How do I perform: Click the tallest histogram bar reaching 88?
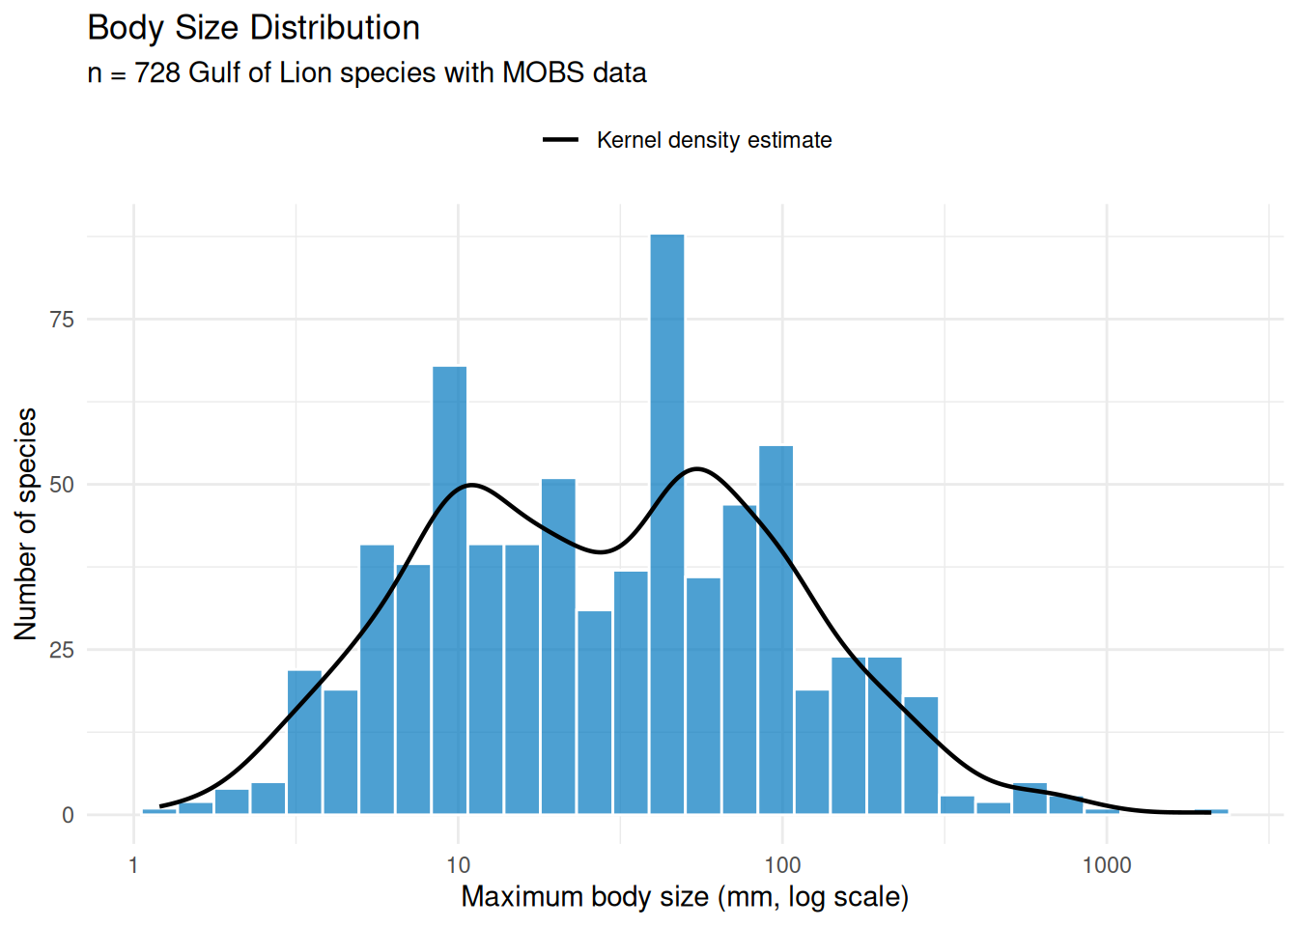click(x=666, y=521)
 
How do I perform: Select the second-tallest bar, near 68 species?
click(x=449, y=589)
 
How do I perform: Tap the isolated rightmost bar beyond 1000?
click(x=1211, y=811)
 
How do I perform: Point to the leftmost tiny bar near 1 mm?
click(x=159, y=811)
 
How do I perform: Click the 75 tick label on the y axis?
click(x=62, y=320)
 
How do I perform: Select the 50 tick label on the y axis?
click(x=62, y=485)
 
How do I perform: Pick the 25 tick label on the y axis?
click(x=62, y=650)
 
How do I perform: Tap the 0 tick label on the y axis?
click(x=68, y=816)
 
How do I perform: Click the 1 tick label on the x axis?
click(x=133, y=865)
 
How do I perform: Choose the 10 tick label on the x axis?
click(x=458, y=865)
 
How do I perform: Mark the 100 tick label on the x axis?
click(x=782, y=865)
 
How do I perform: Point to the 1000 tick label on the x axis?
click(x=1107, y=865)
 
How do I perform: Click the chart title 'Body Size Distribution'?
click(x=253, y=28)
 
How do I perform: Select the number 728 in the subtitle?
click(x=157, y=73)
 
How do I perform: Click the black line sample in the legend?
click(x=560, y=140)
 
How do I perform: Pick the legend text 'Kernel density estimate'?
click(x=714, y=140)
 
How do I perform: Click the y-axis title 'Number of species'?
click(x=26, y=523)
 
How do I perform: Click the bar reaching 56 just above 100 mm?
click(x=776, y=628)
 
